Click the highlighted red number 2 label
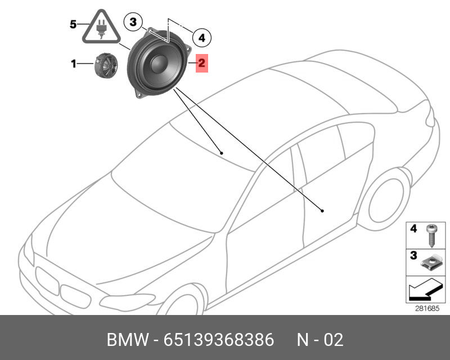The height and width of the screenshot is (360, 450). tap(202, 64)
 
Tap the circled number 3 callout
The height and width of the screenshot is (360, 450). tap(133, 22)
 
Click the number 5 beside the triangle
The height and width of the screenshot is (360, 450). tap(73, 24)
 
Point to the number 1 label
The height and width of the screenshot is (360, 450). tap(73, 64)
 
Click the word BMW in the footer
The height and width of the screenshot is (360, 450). tap(127, 340)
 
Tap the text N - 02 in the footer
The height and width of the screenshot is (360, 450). tap(319, 340)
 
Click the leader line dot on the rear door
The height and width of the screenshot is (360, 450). tap(322, 211)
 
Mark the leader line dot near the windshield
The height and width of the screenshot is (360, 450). tap(222, 152)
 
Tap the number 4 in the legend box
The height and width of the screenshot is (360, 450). tap(413, 229)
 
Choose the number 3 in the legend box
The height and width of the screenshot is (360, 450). tap(413, 256)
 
